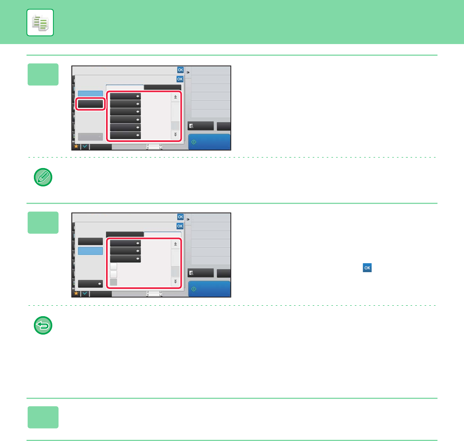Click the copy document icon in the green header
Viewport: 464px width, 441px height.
40,23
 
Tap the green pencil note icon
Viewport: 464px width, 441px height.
43,177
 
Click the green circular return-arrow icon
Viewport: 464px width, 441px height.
43,326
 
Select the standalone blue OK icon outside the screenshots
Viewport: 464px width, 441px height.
367,267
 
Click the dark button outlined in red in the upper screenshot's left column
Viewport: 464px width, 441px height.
90,104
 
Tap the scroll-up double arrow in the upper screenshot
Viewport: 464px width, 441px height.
175,97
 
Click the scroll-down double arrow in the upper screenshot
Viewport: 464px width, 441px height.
175,135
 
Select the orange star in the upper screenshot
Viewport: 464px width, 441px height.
76,146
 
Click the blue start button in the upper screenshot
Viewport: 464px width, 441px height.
209,142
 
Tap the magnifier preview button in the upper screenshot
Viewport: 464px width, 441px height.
201,126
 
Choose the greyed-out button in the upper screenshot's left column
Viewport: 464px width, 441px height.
90,136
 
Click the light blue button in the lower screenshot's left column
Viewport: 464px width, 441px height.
90,251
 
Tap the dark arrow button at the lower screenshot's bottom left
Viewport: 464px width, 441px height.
90,283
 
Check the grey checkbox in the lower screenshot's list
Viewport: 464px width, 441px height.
113,282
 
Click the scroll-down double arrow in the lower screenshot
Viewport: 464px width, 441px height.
175,282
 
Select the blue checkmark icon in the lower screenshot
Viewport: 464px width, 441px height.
85,293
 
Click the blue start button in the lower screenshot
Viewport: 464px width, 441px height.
209,289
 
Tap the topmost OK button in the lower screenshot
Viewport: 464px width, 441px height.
181,217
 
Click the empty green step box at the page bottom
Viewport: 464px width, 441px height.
43,417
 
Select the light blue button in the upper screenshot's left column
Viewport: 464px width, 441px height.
90,94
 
